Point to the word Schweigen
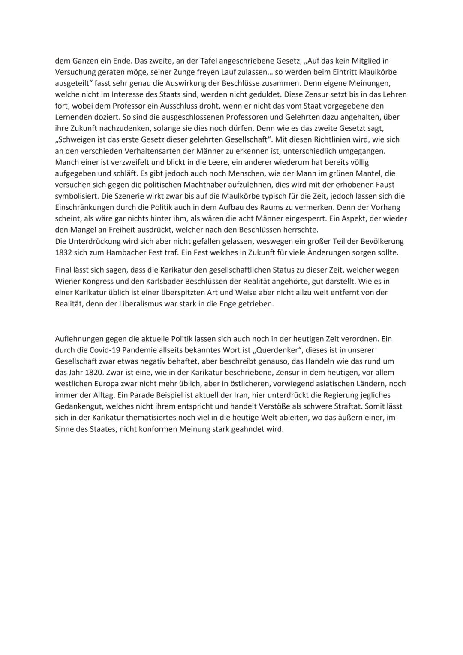pyautogui.click(x=77, y=139)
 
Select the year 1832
pyautogui.click(x=63, y=252)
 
